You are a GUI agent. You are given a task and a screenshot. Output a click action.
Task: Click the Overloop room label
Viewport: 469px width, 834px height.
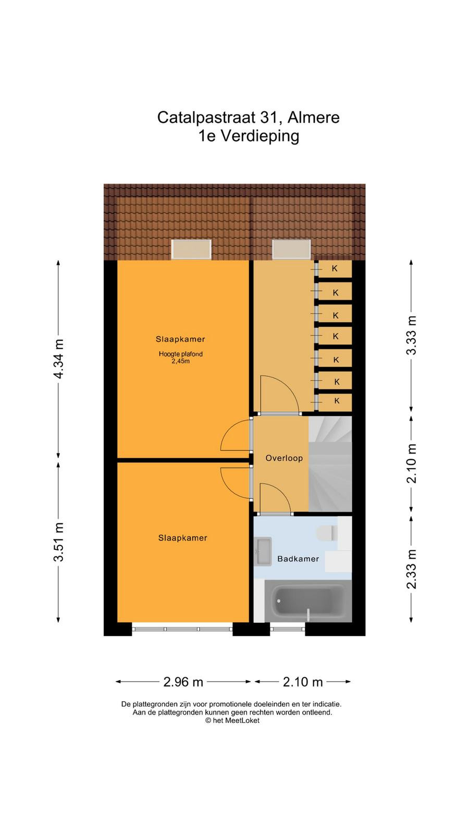[x=284, y=458]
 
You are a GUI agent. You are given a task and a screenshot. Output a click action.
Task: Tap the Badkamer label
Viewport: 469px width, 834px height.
[x=298, y=558]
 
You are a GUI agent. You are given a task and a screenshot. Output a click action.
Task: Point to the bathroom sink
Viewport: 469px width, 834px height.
[x=263, y=551]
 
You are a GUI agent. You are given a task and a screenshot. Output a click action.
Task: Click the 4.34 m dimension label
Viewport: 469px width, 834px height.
[x=59, y=359]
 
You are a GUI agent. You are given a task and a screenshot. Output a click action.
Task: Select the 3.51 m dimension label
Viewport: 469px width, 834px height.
[x=59, y=542]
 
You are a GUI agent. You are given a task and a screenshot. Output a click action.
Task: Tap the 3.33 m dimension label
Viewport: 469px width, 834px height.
[x=411, y=335]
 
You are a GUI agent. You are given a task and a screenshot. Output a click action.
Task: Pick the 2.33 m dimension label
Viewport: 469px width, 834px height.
[x=411, y=569]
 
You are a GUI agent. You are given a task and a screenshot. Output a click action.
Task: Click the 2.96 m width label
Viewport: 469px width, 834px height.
[x=183, y=682]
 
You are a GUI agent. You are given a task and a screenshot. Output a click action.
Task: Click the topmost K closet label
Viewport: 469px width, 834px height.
[x=335, y=268]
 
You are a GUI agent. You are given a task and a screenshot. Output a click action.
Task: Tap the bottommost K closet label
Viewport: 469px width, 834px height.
[x=337, y=401]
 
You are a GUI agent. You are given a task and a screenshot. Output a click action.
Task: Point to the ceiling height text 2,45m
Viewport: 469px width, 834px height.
[x=180, y=361]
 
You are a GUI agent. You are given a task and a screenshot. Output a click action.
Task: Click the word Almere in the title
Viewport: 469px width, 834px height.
[x=313, y=118]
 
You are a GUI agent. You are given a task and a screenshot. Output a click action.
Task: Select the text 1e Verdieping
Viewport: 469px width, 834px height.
[x=249, y=136]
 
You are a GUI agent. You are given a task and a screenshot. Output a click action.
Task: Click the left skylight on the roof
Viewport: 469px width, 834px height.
[x=191, y=250]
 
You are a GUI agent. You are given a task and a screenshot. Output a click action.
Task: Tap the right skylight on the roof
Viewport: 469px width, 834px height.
[x=291, y=249]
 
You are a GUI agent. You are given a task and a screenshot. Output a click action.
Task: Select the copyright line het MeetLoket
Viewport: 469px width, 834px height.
[x=232, y=720]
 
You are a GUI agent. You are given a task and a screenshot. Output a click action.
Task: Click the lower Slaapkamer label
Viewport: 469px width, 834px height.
[x=182, y=537]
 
